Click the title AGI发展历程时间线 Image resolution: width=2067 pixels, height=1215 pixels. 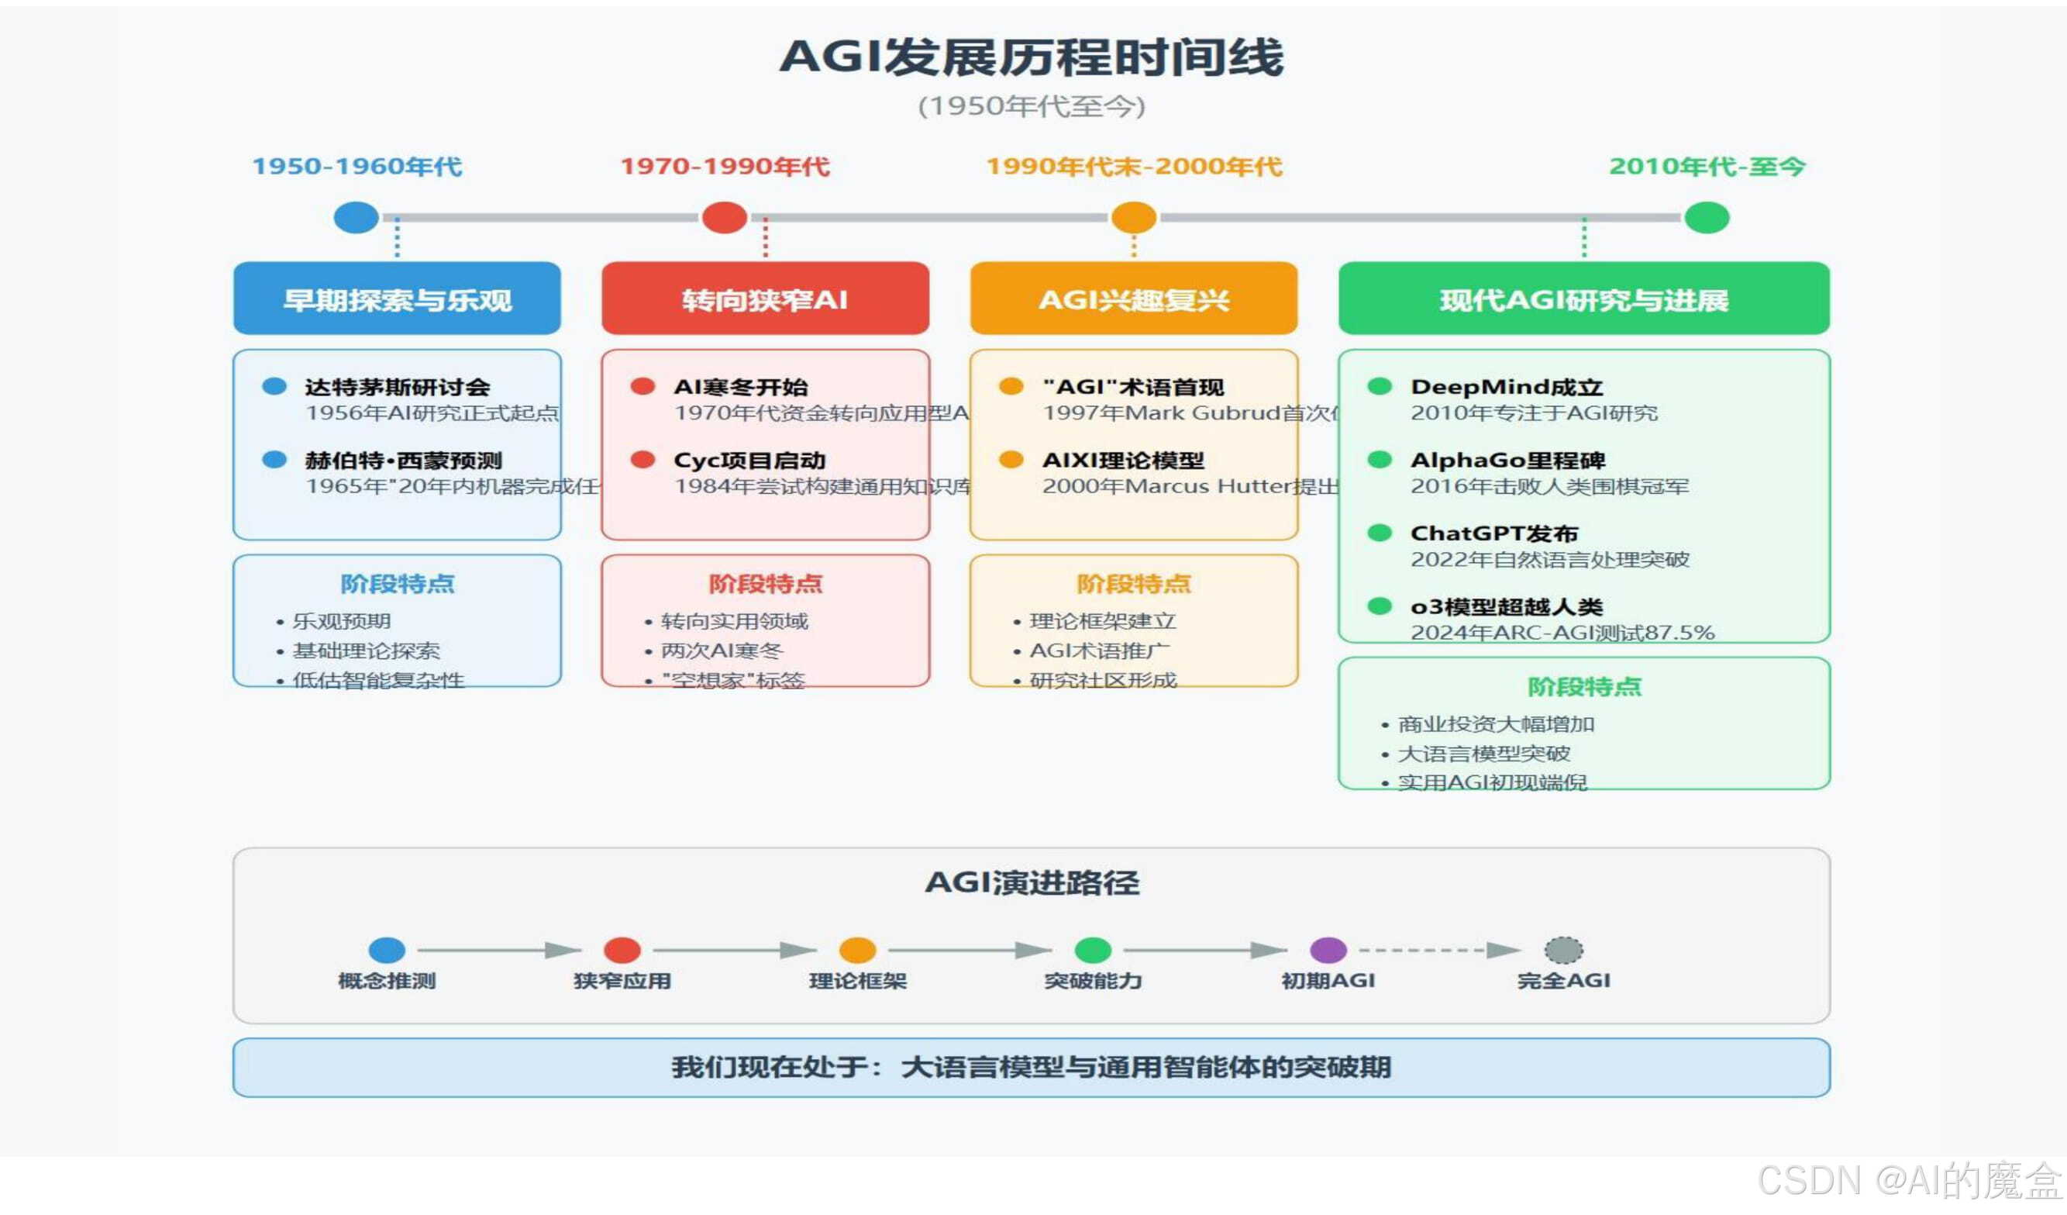[x=1031, y=57]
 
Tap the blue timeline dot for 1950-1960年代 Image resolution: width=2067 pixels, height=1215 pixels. [x=356, y=217]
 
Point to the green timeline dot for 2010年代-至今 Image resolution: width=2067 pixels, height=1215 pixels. [x=1706, y=217]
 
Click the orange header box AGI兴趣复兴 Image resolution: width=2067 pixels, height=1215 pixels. [x=1134, y=299]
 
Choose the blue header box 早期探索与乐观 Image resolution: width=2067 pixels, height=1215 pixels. [x=397, y=299]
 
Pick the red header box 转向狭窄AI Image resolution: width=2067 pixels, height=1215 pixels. [x=765, y=299]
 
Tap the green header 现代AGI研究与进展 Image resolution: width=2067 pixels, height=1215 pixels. [x=1584, y=299]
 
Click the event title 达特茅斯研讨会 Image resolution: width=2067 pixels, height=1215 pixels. [x=397, y=386]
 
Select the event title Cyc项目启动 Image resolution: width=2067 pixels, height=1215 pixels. [x=749, y=461]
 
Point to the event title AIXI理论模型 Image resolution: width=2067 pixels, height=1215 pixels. [x=1123, y=461]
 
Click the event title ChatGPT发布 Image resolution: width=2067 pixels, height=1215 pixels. [x=1493, y=533]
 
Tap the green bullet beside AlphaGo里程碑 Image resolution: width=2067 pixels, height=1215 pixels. [x=1380, y=460]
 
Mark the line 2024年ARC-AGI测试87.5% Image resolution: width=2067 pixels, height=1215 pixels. [x=1562, y=633]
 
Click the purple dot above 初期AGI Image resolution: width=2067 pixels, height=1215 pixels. [x=1328, y=950]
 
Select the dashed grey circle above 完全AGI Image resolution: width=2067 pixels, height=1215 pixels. [x=1563, y=950]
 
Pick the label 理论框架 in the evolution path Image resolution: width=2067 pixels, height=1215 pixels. [x=857, y=980]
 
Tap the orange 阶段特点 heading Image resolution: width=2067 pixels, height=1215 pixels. [x=1134, y=583]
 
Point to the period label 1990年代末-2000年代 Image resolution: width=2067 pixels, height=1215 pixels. [x=1134, y=167]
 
